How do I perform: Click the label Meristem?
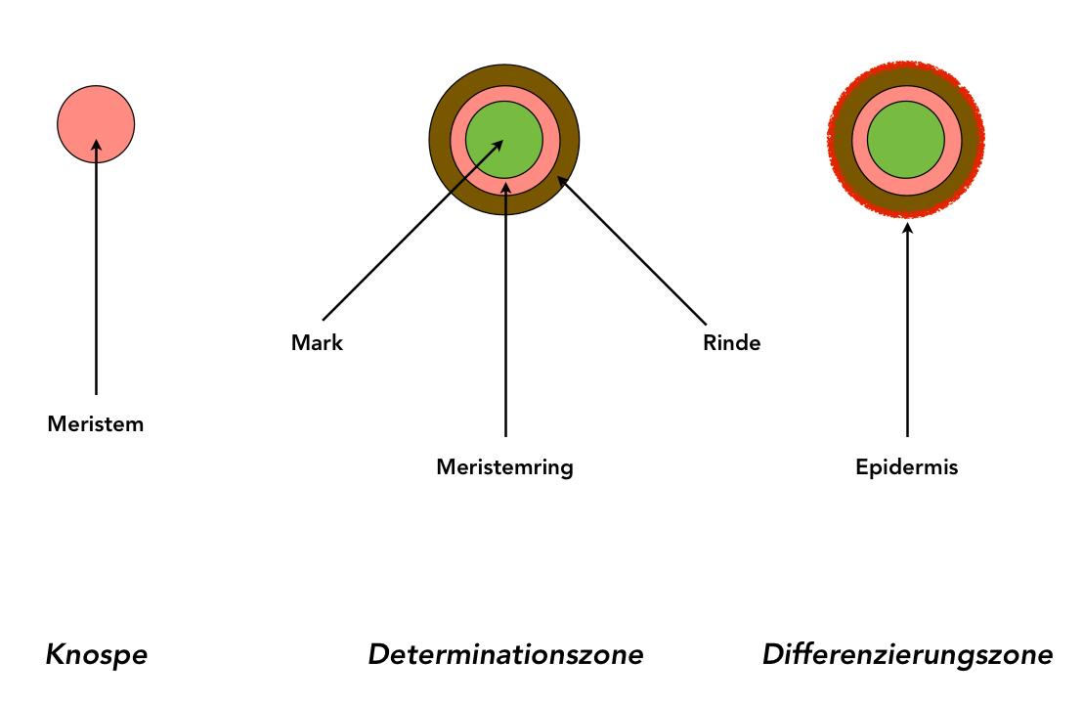click(96, 424)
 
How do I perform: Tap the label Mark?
click(318, 343)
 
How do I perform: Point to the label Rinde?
click(731, 343)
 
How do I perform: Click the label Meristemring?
click(504, 467)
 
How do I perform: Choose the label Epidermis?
click(907, 467)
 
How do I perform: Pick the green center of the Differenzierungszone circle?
click(906, 140)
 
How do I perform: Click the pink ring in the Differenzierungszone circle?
click(859, 140)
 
